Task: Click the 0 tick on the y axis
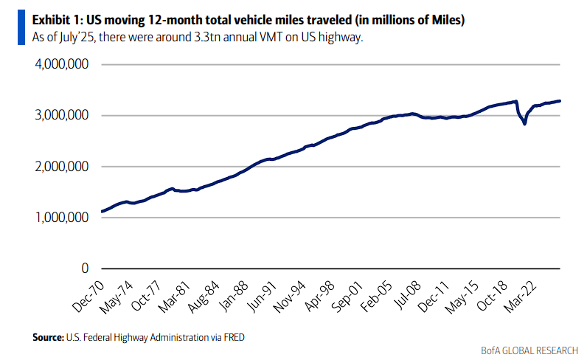pos(85,269)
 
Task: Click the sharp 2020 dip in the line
pos(524,123)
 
